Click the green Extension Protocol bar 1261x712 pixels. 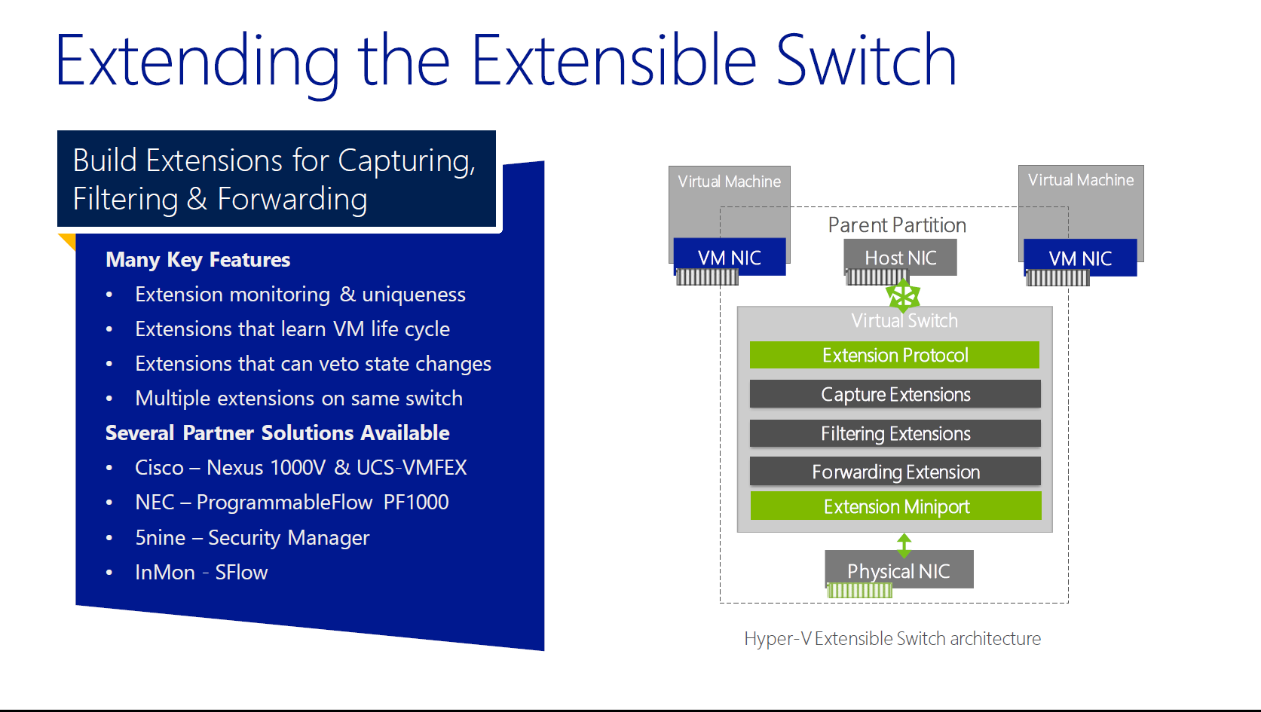point(895,355)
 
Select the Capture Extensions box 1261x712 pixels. point(895,394)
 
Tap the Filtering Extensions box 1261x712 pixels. point(895,433)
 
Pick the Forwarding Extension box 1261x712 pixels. point(895,471)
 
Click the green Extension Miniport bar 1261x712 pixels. point(895,506)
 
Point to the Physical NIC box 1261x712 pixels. point(899,570)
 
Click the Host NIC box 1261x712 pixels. point(900,257)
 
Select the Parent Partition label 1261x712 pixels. point(897,225)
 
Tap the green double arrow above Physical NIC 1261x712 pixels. point(904,545)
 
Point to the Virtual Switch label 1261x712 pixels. point(904,321)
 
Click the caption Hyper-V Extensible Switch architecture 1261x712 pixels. point(892,639)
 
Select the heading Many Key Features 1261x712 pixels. point(197,260)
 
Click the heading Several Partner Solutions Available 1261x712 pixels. point(277,432)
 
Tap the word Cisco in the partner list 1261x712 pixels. point(159,468)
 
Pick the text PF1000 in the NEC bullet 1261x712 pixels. point(416,502)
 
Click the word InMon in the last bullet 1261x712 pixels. point(165,573)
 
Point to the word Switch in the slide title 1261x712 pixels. point(866,60)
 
